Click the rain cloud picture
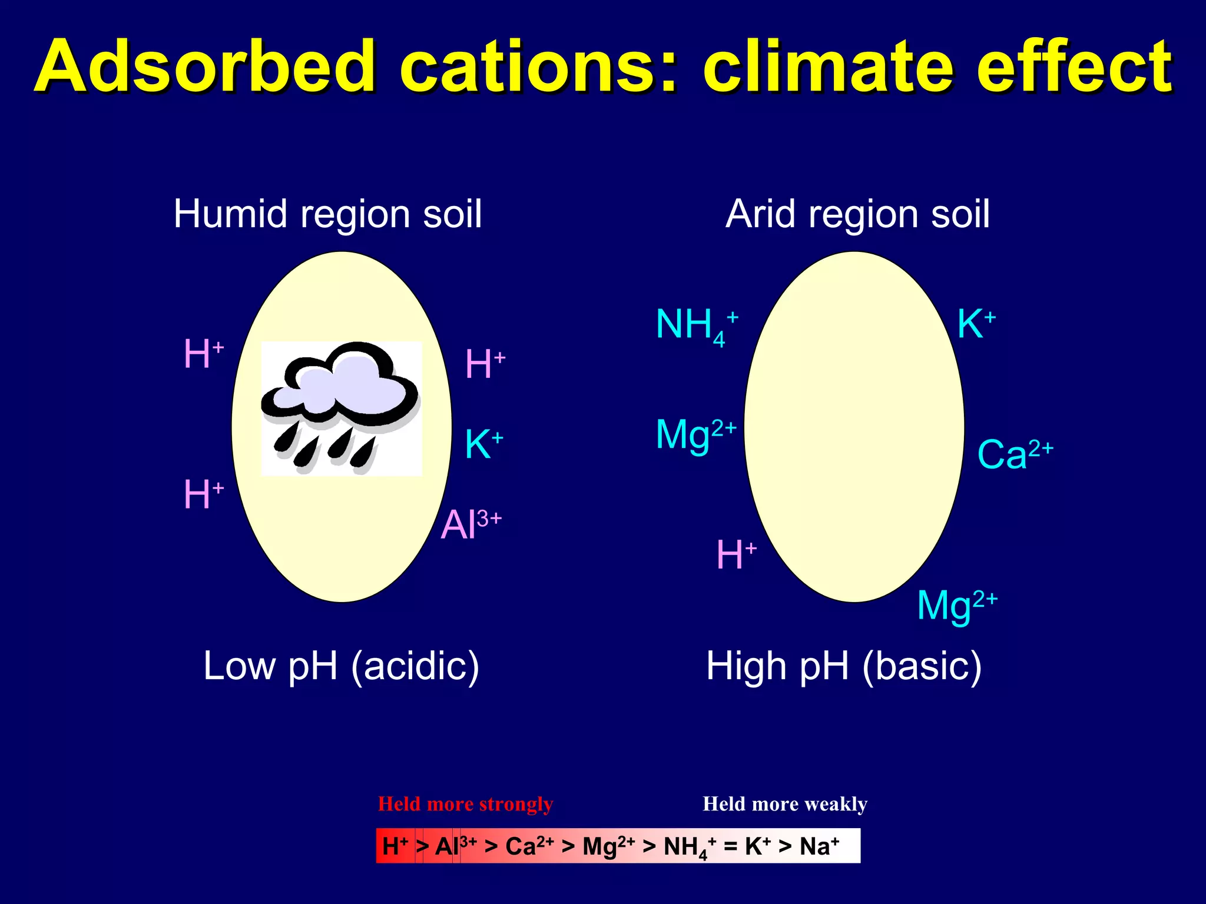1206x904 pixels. click(x=341, y=408)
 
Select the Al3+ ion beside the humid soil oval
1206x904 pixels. click(x=471, y=524)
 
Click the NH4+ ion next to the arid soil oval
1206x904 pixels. click(x=697, y=325)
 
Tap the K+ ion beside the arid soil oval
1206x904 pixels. click(x=976, y=324)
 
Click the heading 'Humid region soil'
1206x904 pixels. click(x=328, y=214)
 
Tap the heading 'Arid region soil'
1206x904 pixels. click(x=857, y=214)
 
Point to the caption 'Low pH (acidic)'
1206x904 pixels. click(x=341, y=666)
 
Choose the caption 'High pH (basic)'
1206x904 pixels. click(x=844, y=666)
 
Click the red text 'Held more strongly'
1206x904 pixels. click(x=465, y=804)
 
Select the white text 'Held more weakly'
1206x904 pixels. click(x=785, y=804)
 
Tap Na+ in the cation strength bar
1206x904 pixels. click(x=819, y=846)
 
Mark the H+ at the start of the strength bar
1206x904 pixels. click(x=395, y=846)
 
